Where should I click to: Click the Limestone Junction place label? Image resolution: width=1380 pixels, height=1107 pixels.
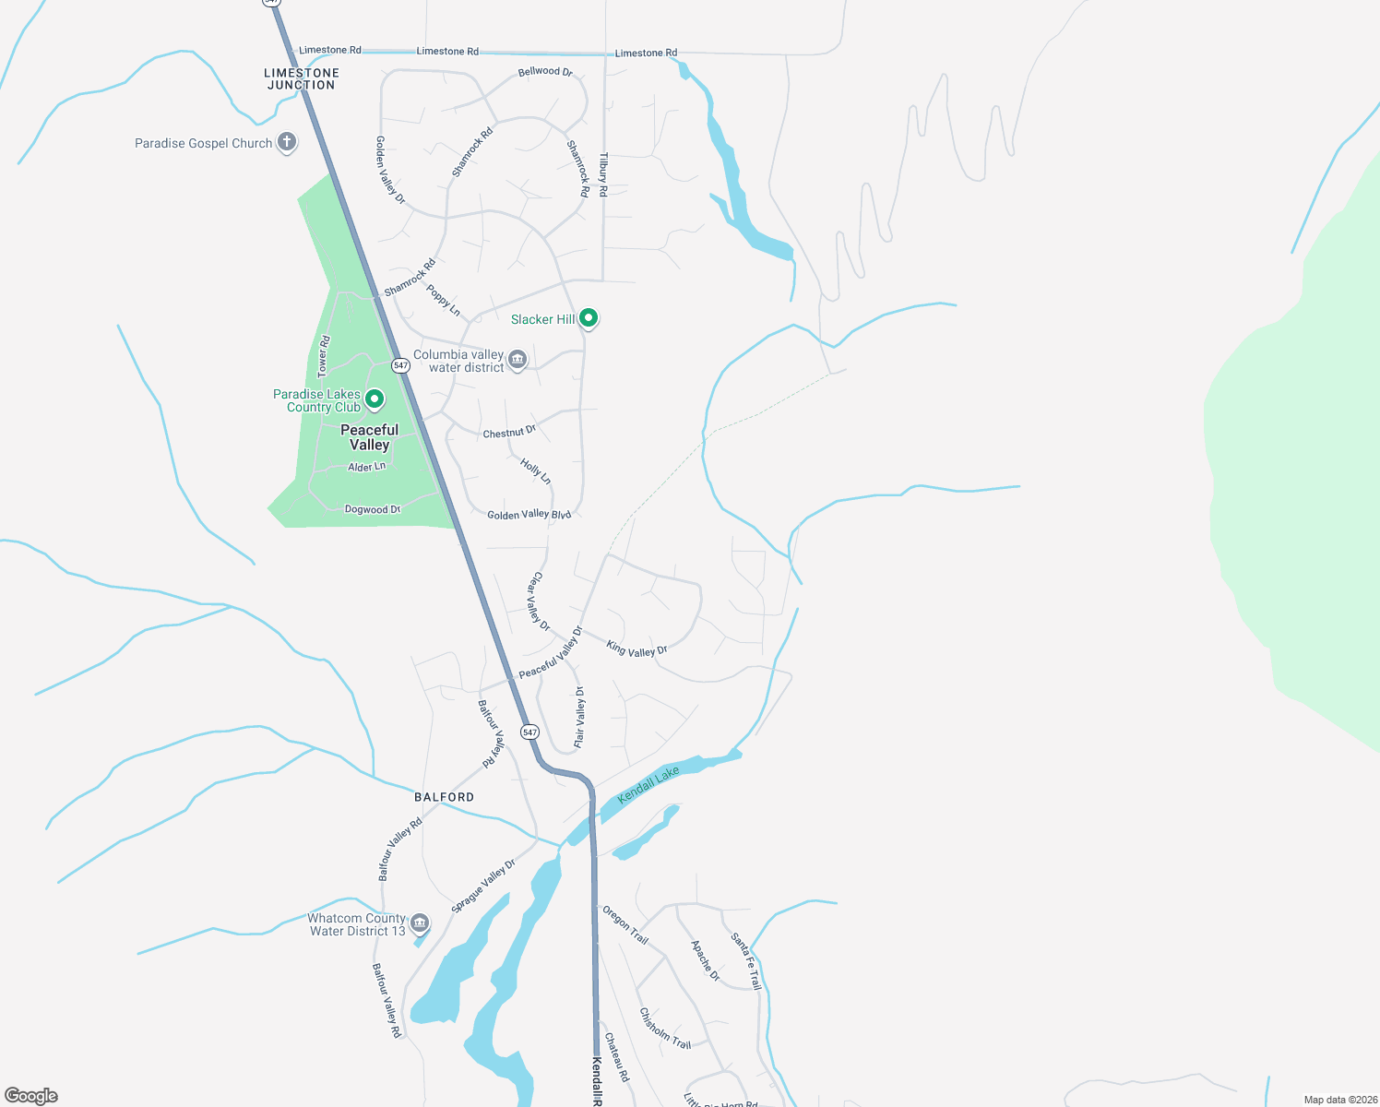pos(302,79)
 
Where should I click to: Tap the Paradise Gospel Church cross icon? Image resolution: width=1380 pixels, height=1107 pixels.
pos(287,142)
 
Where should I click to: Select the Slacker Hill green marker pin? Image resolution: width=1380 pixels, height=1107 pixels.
pos(589,318)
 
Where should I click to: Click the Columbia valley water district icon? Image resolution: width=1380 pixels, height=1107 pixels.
pos(517,359)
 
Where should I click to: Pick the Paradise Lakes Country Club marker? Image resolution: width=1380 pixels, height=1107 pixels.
pos(375,399)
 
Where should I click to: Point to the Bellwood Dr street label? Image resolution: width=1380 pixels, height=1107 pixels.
pos(545,71)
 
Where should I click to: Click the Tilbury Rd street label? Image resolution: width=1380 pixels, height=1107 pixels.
pos(603,174)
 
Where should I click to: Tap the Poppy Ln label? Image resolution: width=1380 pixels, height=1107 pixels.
pos(443,301)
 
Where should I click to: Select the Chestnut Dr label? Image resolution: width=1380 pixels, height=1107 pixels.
pos(509,432)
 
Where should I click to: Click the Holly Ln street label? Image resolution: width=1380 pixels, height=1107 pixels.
pos(535,471)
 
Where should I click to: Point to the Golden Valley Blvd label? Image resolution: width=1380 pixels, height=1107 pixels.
pos(529,515)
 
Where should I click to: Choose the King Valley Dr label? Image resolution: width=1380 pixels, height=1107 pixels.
pos(636,649)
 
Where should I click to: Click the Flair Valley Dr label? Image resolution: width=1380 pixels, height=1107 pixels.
pos(579,717)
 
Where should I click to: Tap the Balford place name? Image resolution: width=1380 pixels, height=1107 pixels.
pos(445,797)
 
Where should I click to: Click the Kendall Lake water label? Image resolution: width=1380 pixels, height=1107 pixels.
pos(648,784)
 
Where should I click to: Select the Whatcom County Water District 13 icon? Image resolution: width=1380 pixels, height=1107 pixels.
pos(420,922)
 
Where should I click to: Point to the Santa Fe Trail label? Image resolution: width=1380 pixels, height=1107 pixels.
pos(746,960)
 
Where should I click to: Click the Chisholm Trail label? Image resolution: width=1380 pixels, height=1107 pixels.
pos(665,1029)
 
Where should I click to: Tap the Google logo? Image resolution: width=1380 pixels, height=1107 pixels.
pos(31,1096)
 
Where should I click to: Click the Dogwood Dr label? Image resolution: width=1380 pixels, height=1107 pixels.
pos(373,509)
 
